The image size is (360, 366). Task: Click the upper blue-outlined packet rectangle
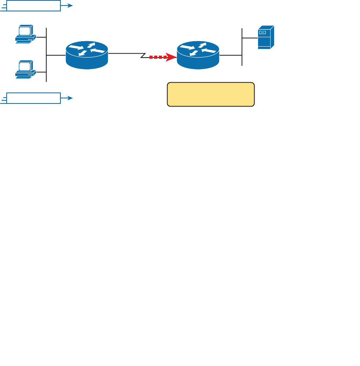(x=34, y=6)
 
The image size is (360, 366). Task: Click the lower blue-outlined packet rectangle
(x=34, y=98)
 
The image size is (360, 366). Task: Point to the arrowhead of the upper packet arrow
(x=70, y=6)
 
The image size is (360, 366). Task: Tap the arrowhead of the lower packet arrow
(x=70, y=98)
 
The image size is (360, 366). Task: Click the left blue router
(x=87, y=55)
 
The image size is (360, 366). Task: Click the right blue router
(x=198, y=55)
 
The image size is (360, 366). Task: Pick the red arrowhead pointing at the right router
(x=171, y=57)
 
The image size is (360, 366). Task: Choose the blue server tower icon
(x=265, y=38)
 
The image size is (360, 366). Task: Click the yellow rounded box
(x=211, y=94)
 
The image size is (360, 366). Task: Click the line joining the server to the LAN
(x=250, y=38)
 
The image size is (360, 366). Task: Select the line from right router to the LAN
(x=231, y=55)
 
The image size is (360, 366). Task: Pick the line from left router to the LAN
(x=56, y=55)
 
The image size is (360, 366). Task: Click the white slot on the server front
(x=262, y=33)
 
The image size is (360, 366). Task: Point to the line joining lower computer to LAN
(x=41, y=72)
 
